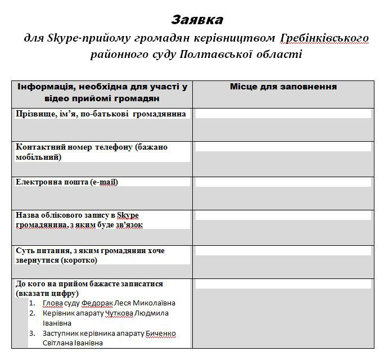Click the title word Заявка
pos(197,20)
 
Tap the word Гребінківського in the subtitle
pos(323,38)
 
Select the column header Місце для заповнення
pos(283,87)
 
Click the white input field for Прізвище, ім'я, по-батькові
pos(283,114)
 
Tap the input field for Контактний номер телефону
pos(283,147)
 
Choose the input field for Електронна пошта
pos(283,182)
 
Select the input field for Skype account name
pos(283,215)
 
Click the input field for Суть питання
pos(283,251)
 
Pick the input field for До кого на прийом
pos(283,285)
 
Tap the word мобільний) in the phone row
pos(37,156)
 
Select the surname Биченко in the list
pos(160,334)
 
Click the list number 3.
pos(32,334)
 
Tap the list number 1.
pos(32,303)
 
